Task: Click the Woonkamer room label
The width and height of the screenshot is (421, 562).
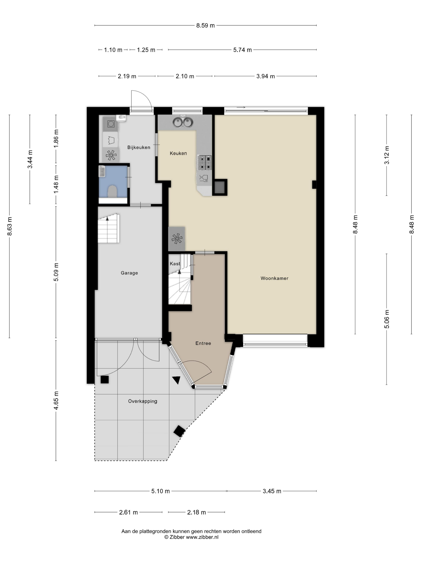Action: tap(274, 278)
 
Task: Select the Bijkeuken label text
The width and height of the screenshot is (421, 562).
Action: tap(139, 147)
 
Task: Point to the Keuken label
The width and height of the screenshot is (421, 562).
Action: tap(178, 153)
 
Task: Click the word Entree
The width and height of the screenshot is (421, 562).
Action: tap(203, 343)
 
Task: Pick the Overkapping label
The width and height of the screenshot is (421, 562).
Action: tap(143, 401)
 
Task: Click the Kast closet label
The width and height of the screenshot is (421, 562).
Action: tap(175, 264)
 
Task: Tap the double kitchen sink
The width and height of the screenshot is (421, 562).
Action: tap(183, 122)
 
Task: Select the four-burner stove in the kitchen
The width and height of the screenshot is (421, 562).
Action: tap(204, 162)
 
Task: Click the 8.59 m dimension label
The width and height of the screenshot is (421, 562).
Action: tap(205, 26)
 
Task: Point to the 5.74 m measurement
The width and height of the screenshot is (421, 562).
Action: tap(242, 50)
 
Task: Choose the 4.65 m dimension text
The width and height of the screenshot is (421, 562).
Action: tap(56, 400)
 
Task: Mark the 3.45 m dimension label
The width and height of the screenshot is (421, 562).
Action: tap(272, 491)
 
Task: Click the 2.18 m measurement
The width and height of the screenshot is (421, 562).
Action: tap(196, 512)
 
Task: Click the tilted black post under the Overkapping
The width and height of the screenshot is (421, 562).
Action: tap(179, 431)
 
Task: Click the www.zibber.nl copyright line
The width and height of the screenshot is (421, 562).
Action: tap(191, 537)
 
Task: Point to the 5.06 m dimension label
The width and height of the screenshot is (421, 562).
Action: tap(387, 319)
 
